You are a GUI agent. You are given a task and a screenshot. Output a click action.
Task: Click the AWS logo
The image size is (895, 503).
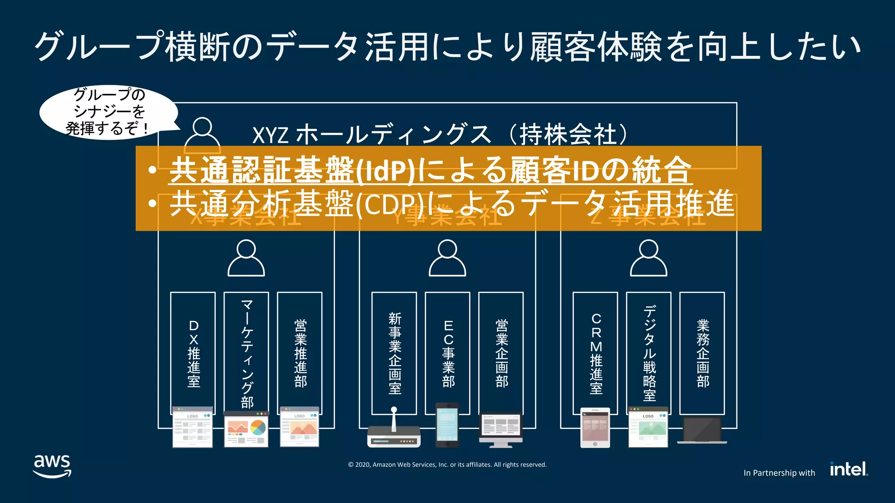pyautogui.click(x=52, y=466)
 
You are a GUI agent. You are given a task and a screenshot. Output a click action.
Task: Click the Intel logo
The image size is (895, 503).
pyautogui.click(x=848, y=469)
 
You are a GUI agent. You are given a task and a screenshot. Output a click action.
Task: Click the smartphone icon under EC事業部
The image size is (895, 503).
pyautogui.click(x=447, y=425)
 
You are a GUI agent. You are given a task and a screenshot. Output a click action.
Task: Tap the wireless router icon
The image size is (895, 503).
pyautogui.click(x=394, y=432)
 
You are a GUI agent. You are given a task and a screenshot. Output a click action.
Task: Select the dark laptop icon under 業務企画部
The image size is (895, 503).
pyautogui.click(x=702, y=431)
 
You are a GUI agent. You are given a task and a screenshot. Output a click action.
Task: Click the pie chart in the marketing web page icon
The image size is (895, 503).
pyautogui.click(x=258, y=427)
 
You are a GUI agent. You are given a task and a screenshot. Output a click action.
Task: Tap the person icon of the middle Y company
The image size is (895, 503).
pyautogui.click(x=447, y=258)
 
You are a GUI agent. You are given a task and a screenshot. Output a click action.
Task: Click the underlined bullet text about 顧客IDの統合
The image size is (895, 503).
pyautogui.click(x=430, y=170)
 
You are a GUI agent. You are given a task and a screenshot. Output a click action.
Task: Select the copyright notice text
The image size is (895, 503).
pyautogui.click(x=447, y=465)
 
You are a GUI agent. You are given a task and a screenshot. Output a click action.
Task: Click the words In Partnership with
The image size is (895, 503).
pyautogui.click(x=779, y=473)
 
